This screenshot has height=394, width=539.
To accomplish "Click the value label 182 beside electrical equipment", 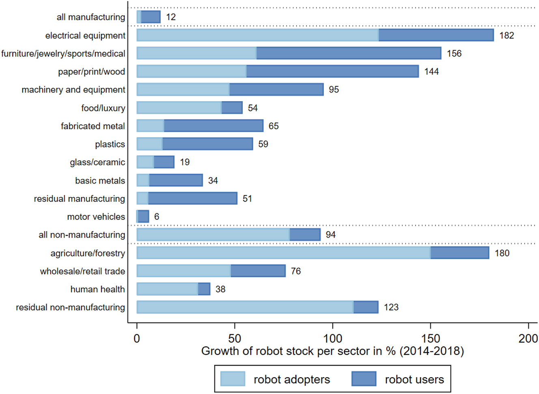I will point(507,35).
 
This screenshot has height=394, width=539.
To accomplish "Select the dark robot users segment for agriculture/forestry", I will point(459,253).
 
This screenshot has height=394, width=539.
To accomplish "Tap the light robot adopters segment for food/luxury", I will point(179,108).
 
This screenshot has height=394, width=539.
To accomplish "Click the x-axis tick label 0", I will point(137,338).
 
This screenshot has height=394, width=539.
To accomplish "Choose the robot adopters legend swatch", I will point(233,379).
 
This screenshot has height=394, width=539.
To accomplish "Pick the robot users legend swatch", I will point(364,379).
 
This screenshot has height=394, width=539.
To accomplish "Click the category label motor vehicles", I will point(96,217).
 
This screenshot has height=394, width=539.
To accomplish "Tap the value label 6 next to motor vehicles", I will point(157,217).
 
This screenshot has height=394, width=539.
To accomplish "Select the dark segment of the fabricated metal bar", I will point(213,126).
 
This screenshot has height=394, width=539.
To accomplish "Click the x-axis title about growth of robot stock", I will point(332,351).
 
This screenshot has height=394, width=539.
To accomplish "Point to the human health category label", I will point(97,289).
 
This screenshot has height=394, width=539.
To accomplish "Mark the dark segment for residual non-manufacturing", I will point(366,307).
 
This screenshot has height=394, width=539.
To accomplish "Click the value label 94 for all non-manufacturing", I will point(330,235).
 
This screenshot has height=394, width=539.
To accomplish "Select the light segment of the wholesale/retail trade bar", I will point(184,271).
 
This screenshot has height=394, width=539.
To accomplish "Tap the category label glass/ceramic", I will point(97,162).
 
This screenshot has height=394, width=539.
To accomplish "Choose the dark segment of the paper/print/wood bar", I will point(332,71).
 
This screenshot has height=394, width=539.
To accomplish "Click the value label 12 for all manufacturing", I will point(171,17).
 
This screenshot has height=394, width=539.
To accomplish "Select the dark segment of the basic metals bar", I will point(176,180).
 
